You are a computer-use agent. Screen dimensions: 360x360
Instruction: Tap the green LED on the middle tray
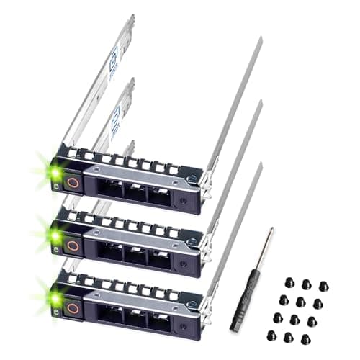55,235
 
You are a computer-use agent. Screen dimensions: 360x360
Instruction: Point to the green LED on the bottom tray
55,296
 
